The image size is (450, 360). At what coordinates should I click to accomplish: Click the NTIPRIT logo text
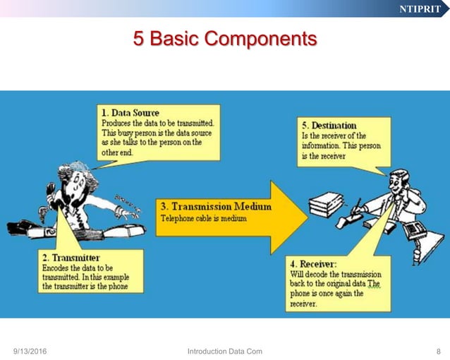pyautogui.click(x=420, y=9)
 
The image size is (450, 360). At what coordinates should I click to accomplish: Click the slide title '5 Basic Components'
pyautogui.click(x=225, y=38)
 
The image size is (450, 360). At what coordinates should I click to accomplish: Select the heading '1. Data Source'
pyautogui.click(x=130, y=112)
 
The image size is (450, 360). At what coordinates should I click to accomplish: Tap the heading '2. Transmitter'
pyautogui.click(x=71, y=258)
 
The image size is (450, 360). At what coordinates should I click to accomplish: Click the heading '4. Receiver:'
pyautogui.click(x=315, y=263)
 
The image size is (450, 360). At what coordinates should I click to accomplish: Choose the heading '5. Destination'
pyautogui.click(x=329, y=125)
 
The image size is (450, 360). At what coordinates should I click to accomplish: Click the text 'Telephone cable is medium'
pyautogui.click(x=202, y=219)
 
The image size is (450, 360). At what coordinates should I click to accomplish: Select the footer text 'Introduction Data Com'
pyautogui.click(x=224, y=352)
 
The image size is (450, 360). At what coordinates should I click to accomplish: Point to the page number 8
pyautogui.click(x=438, y=352)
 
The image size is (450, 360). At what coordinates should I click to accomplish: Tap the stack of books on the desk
pyautogui.click(x=327, y=204)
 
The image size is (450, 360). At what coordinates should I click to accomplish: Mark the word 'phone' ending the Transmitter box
pyautogui.click(x=128, y=287)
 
